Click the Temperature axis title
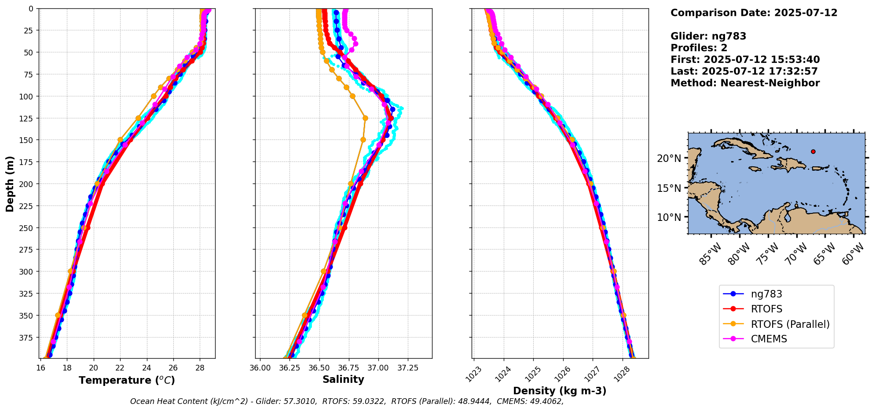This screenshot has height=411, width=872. coord(127,380)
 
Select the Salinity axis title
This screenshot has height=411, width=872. coord(343,379)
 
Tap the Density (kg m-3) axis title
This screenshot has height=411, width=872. coord(560,391)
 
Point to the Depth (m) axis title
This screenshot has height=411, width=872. coord(10,183)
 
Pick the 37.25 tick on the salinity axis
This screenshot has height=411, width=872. coord(407,367)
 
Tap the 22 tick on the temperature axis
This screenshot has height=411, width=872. coord(120,367)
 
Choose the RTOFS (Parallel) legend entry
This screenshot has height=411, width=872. coord(790,324)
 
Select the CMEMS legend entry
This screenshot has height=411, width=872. coord(769,339)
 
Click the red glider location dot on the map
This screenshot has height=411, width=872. coord(813,151)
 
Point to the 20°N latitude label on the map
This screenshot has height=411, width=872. coord(669,158)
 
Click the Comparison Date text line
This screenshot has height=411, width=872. coord(754,13)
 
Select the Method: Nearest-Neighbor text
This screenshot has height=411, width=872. coord(745,83)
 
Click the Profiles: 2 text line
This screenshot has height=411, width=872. coord(699,48)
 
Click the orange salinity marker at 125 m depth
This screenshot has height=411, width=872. coord(365,118)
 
